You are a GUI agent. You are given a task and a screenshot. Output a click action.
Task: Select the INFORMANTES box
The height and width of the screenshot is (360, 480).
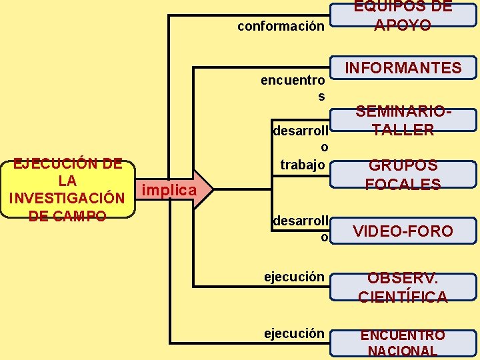[x=403, y=68]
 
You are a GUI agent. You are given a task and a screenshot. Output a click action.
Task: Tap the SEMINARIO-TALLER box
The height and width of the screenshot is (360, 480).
[x=403, y=121]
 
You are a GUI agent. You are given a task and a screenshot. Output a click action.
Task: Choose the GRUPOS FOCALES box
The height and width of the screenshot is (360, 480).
[x=403, y=175]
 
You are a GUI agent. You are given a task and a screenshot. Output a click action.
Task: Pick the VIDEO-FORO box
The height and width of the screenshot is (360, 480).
[x=403, y=231]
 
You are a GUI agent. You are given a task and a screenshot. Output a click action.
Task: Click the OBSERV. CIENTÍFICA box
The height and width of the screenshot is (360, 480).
[x=403, y=287]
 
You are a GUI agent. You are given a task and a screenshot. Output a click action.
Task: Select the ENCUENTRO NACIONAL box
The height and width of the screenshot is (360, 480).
[x=403, y=343]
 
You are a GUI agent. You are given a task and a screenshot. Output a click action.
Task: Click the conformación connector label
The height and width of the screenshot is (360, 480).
[x=281, y=27]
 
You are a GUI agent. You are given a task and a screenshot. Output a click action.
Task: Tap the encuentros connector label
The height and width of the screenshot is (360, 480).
[x=293, y=88]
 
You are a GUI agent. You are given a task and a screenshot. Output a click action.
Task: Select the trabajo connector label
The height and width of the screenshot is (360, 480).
[x=303, y=164]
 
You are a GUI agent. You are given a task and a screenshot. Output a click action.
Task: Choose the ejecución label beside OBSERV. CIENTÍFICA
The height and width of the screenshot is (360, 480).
[x=294, y=277]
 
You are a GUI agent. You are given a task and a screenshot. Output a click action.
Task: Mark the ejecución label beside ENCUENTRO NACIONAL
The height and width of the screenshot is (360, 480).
[x=294, y=333]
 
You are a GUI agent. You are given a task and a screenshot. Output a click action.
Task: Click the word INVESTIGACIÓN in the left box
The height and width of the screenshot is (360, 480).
[x=66, y=198]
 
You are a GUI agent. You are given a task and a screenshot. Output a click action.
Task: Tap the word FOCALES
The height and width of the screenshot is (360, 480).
[x=403, y=184]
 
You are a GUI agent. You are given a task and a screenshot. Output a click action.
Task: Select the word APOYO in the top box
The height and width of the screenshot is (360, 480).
[x=403, y=25]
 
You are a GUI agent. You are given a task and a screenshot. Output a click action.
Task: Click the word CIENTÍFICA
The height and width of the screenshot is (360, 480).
[x=403, y=297]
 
